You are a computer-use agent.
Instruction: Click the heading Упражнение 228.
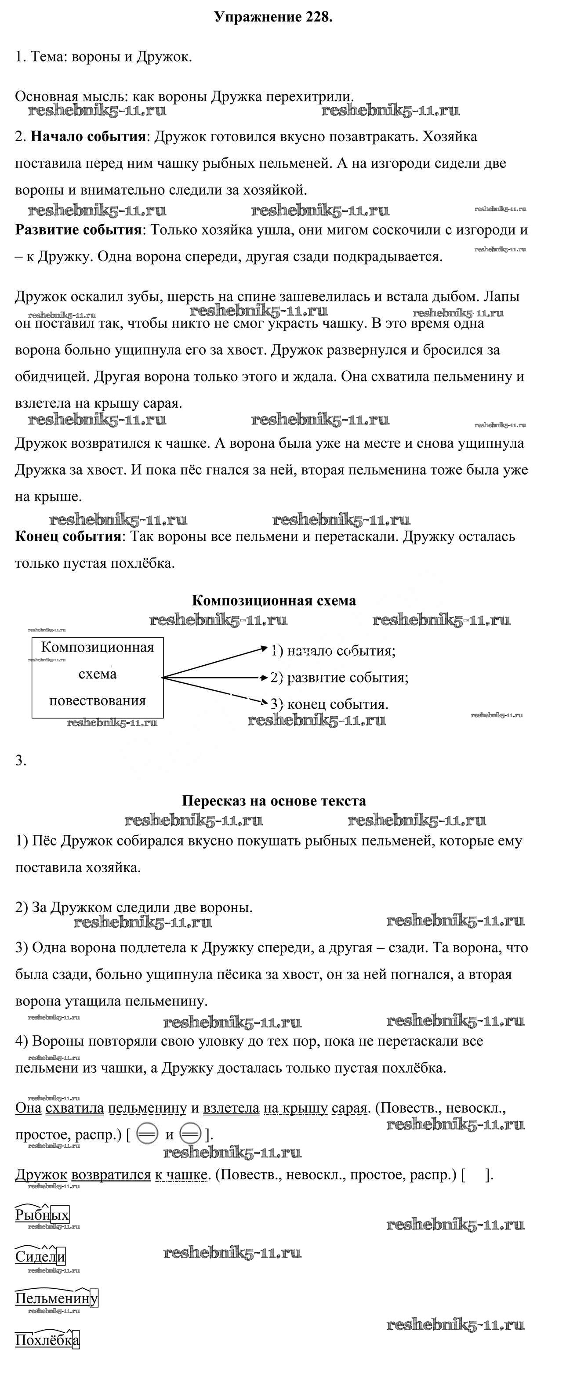click(x=273, y=17)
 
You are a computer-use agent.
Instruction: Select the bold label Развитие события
click(x=79, y=230)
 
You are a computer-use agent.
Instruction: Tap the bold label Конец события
click(x=69, y=536)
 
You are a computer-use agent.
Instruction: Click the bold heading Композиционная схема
click(x=273, y=600)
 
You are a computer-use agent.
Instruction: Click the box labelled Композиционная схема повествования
click(x=98, y=677)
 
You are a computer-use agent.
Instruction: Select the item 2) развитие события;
click(x=339, y=677)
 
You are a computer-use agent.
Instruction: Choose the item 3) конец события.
click(x=329, y=704)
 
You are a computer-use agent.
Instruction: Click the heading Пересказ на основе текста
click(x=273, y=801)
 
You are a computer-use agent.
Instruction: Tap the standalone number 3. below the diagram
click(x=21, y=760)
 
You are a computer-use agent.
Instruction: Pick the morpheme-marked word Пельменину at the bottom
click(x=57, y=1298)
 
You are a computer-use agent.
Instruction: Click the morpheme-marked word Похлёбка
click(x=47, y=1340)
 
